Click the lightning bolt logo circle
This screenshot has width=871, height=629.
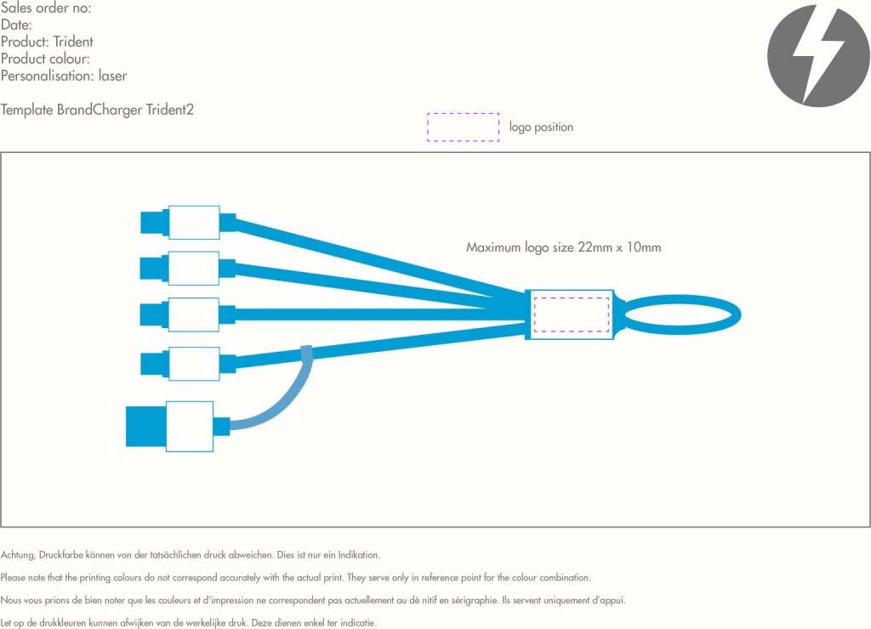818,56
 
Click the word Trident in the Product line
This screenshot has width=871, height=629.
73,42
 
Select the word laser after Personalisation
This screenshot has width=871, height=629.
112,76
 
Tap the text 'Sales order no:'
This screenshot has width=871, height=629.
46,8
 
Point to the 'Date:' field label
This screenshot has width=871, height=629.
16,25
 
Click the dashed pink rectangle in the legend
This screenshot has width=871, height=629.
463,127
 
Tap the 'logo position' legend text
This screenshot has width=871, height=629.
541,127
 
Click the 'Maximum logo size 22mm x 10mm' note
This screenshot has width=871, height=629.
563,247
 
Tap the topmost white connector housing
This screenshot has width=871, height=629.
194,223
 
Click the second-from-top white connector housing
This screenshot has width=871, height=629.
194,268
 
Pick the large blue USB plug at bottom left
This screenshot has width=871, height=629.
145,426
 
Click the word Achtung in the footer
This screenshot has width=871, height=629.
18,555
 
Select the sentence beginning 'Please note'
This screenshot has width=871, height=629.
295,577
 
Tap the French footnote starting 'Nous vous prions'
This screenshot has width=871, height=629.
313,600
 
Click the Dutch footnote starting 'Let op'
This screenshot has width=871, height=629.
188,622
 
